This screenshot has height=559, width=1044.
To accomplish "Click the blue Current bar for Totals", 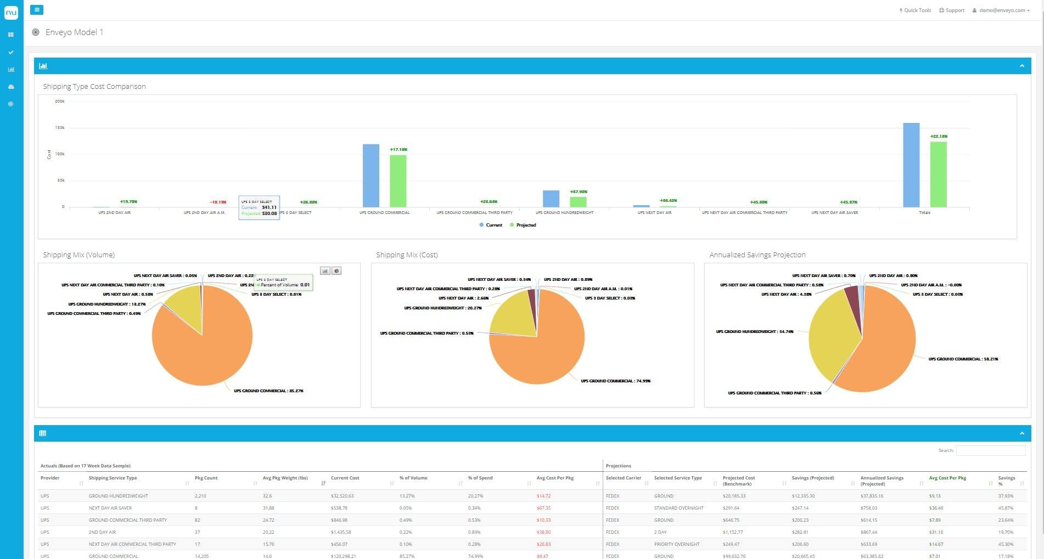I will (911, 165).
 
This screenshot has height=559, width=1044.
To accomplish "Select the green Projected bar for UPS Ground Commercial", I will (398, 181).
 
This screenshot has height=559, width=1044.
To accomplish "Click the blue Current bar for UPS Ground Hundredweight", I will (551, 199).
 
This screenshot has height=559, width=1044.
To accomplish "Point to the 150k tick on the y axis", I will (60, 128).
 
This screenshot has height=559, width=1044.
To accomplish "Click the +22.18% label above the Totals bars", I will (939, 136).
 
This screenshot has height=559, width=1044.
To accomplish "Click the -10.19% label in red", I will (218, 202).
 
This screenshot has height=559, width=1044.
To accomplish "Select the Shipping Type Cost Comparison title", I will (94, 87).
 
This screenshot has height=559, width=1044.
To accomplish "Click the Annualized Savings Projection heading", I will (757, 255).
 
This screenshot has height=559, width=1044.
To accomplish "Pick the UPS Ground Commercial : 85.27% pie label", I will (268, 391).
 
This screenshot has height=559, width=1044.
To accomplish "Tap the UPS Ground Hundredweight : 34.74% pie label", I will (754, 331).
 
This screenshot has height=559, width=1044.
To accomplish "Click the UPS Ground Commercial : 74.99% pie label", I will (615, 381).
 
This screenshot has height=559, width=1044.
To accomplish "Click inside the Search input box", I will (990, 450).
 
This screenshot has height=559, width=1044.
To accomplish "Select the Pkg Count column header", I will (206, 478).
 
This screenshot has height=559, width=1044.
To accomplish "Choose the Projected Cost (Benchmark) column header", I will (739, 481).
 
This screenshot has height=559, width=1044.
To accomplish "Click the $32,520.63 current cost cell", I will (342, 496).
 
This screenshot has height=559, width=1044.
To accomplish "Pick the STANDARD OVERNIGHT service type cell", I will (678, 508).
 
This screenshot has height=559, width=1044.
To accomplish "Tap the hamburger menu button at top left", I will (37, 10).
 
